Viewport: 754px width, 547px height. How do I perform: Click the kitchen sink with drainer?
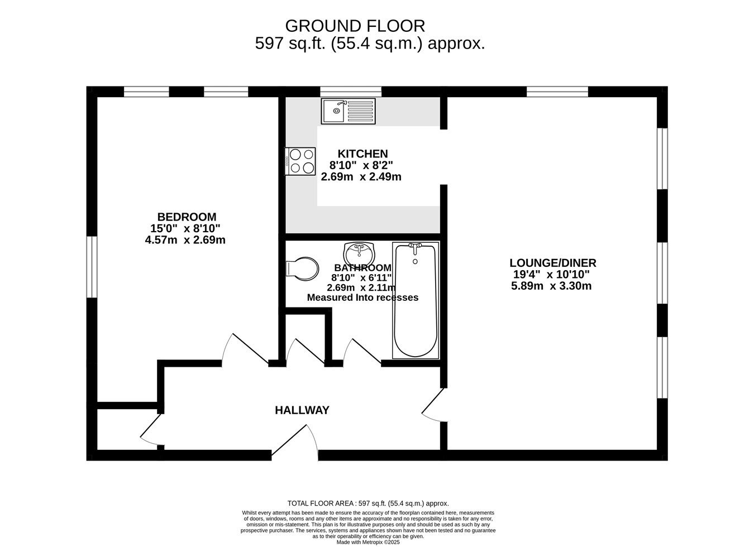(348, 111)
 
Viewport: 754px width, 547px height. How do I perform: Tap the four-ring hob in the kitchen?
(300, 161)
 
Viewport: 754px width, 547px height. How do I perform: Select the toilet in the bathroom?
(302, 269)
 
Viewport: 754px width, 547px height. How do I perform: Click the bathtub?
(416, 300)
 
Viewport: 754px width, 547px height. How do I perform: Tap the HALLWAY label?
(302, 410)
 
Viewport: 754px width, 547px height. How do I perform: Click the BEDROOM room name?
(187, 217)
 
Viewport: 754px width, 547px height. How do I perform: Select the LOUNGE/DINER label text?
(553, 263)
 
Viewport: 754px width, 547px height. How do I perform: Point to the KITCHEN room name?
(362, 153)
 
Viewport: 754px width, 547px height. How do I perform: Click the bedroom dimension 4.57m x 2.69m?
(185, 240)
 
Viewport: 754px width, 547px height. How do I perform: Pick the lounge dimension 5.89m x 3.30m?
(551, 286)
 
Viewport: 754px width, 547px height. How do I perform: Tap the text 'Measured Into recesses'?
(362, 298)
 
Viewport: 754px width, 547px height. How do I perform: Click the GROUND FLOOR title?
(355, 26)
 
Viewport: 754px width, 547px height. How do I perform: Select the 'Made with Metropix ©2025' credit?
(368, 543)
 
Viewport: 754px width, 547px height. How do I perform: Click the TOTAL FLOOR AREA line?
(368, 513)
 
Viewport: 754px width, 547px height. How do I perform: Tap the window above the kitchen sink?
(351, 92)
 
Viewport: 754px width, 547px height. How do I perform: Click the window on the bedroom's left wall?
(92, 267)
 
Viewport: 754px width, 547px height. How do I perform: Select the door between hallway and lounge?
(434, 405)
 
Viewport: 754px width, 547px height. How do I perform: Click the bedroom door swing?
(246, 348)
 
